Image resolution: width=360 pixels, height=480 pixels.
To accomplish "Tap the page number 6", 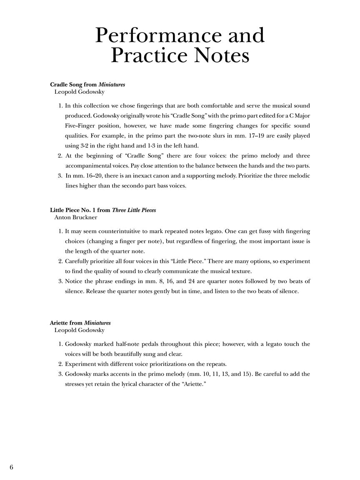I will (11, 467).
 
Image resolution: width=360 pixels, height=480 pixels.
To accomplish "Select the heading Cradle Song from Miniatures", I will (87, 85).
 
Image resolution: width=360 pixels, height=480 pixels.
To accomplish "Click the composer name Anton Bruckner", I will (76, 217).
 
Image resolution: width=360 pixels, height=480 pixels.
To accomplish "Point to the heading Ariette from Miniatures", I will (80, 323).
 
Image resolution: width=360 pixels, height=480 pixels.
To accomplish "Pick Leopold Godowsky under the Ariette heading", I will (79, 330).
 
